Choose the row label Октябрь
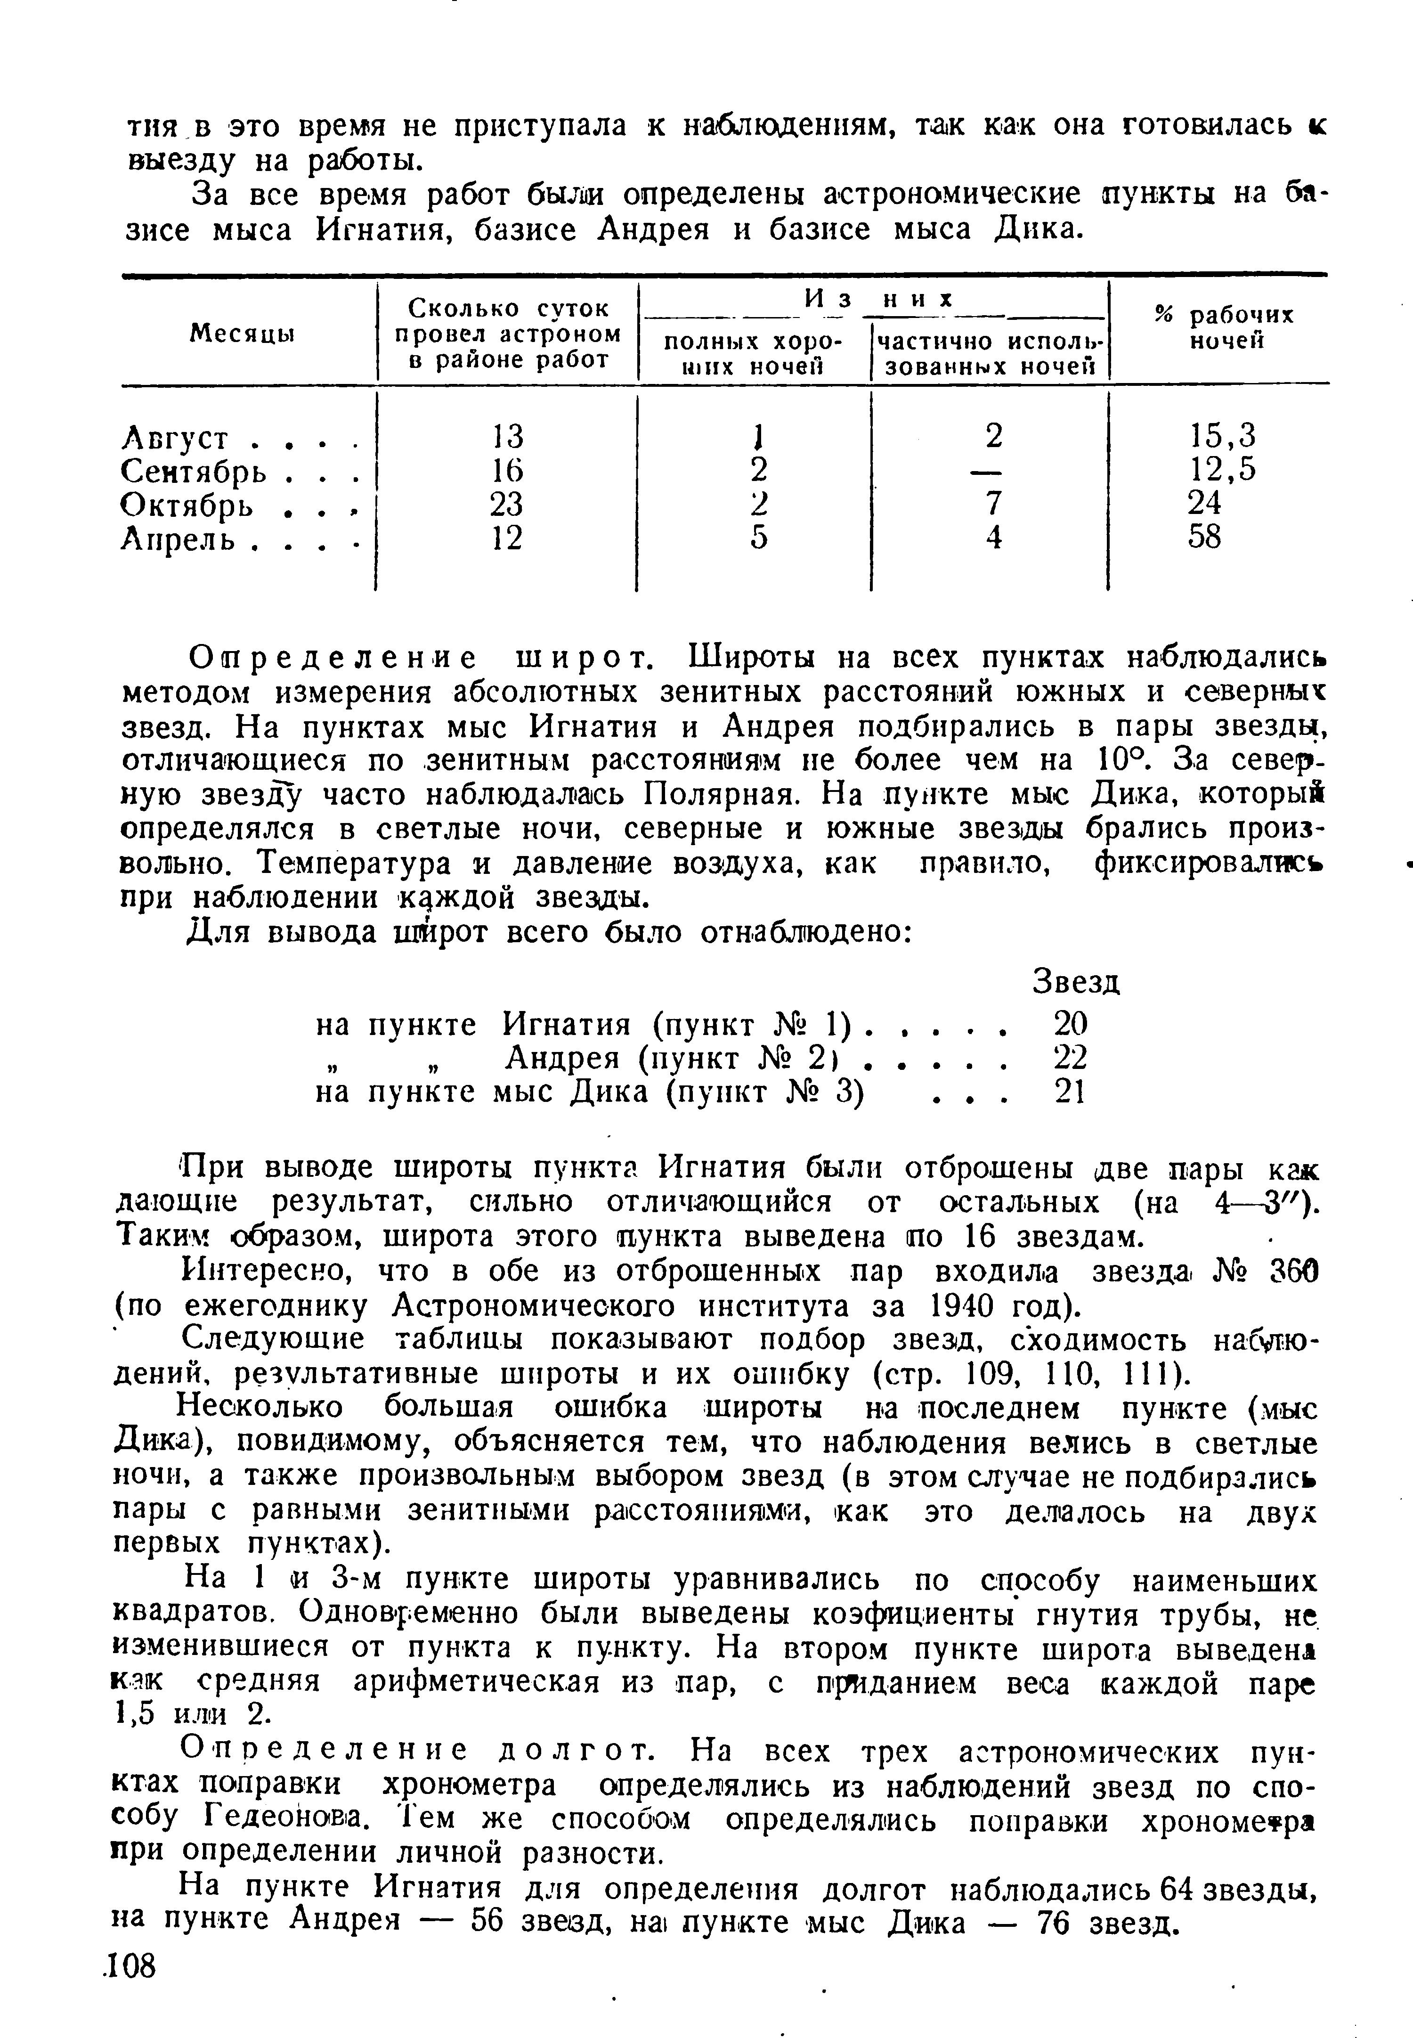[x=186, y=505]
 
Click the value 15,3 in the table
[x=1223, y=436]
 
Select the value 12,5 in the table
[x=1223, y=469]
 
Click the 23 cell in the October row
[x=506, y=504]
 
